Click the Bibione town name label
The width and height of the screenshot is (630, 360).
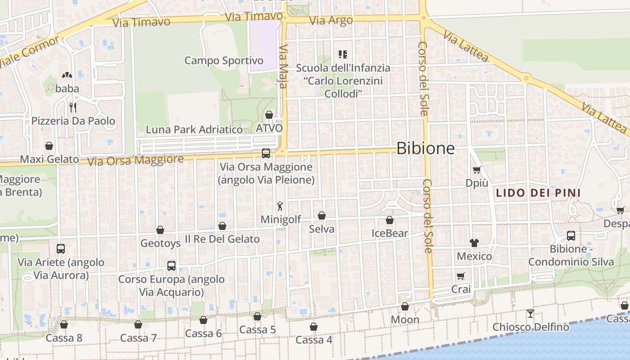tap(425, 148)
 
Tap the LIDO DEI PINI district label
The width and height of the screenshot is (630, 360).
tap(538, 193)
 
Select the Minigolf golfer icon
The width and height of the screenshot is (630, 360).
tap(280, 207)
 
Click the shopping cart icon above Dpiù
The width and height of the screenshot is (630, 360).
tap(477, 170)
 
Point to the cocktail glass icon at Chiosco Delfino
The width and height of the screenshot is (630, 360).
tap(531, 313)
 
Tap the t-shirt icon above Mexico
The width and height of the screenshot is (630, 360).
tap(474, 243)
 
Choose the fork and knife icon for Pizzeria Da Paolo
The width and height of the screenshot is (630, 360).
tap(72, 107)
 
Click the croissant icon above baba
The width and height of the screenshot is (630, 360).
tap(67, 76)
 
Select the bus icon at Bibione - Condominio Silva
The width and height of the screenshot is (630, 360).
tap(571, 235)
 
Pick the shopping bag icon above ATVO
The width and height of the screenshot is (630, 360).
tap(269, 115)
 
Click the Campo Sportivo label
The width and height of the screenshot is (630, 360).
tap(224, 60)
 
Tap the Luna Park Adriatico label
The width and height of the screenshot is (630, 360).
tap(194, 130)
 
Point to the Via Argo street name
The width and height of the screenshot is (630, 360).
tap(331, 21)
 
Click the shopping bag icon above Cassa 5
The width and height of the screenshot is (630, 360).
tap(257, 316)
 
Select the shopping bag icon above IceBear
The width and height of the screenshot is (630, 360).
tap(390, 220)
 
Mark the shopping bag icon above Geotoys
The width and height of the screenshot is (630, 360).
tap(160, 230)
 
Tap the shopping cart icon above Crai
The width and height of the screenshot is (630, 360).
tap(460, 276)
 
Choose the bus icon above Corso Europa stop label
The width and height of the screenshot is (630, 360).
tap(171, 265)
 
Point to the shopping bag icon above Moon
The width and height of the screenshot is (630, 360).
tap(405, 306)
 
